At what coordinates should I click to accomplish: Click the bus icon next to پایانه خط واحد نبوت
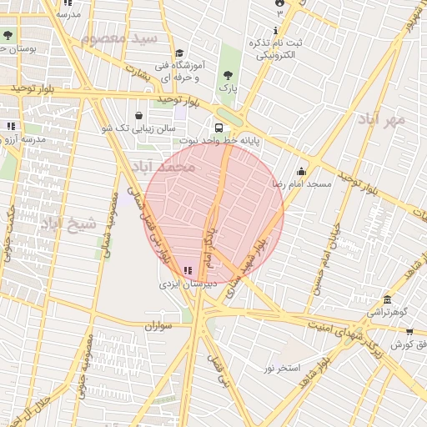219,128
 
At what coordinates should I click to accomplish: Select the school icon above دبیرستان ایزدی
187,271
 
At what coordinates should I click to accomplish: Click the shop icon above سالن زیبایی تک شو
138,116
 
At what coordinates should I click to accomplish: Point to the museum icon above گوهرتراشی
387,300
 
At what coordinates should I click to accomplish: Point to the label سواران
156,326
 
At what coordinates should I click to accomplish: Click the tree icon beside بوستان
8,36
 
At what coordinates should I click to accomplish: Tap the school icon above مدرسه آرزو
10,126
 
